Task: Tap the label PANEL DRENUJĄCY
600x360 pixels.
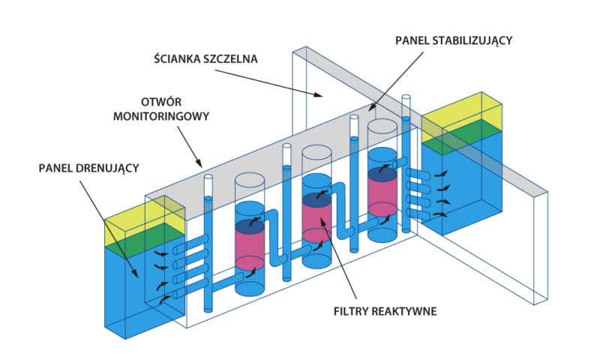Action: click(x=88, y=166)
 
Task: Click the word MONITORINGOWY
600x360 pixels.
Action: click(x=161, y=116)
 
